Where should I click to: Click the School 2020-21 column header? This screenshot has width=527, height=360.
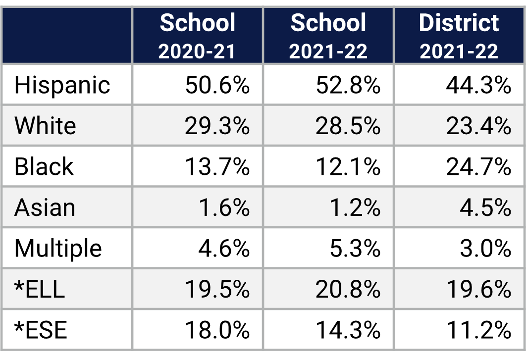point(197,36)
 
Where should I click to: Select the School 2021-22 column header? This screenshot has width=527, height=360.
point(328,36)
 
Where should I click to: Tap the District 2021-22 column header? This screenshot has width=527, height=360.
point(459,36)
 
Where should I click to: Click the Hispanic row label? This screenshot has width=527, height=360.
point(62,85)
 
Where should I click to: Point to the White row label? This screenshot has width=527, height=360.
point(45,126)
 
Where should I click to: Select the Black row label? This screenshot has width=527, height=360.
point(44,167)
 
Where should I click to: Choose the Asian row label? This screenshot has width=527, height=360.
point(45,207)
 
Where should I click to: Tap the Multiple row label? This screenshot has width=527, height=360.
point(58,248)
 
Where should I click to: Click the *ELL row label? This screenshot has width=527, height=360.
point(40,289)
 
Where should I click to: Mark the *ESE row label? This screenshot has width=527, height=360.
point(41,330)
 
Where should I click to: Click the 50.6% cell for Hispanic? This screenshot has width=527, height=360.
point(217,85)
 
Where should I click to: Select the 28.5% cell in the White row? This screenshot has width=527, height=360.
point(348,126)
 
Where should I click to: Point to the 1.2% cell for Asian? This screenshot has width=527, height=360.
point(355,208)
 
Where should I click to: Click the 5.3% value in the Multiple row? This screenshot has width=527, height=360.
point(355,249)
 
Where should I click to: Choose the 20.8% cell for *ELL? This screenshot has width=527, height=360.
point(348,289)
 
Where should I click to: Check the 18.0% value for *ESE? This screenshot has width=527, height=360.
point(217,330)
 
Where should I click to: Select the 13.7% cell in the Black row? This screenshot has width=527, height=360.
point(217,167)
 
